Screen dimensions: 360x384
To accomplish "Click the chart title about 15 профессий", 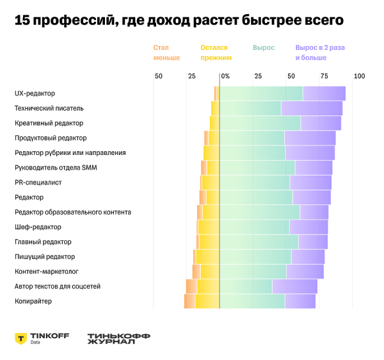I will pos(179,20).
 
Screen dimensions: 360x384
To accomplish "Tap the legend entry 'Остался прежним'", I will pos(216,53).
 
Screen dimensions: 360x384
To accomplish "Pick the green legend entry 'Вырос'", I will pos(263,48).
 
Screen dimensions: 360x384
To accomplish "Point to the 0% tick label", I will pos(225,76).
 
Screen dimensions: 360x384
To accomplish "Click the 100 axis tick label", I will pos(359,76).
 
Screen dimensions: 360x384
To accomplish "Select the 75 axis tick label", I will pos(324,76).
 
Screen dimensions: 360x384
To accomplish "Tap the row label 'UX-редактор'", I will pos(35,94).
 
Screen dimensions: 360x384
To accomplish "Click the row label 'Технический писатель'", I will pos(49,108).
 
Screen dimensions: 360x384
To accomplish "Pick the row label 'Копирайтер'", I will pos(33,301).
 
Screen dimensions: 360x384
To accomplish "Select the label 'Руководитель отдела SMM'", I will pos(56,168).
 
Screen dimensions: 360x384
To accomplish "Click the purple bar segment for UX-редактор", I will pos(324,94).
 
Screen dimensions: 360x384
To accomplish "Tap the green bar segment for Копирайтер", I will pos(252,301).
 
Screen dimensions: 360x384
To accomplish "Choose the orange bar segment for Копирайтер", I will pos(189,301).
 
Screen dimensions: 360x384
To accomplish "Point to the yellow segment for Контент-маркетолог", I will pos(210,272).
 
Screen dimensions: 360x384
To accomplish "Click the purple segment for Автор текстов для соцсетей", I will pos(294,286).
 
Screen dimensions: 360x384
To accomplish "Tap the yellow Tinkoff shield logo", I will pos(20,338).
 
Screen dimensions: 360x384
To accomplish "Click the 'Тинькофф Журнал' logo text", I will pos(111,338).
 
